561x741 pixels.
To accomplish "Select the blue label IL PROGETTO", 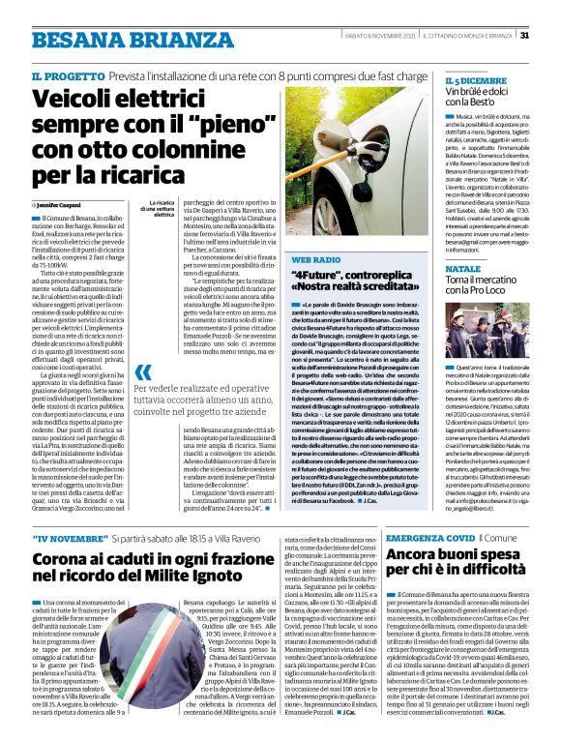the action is click(67, 76).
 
